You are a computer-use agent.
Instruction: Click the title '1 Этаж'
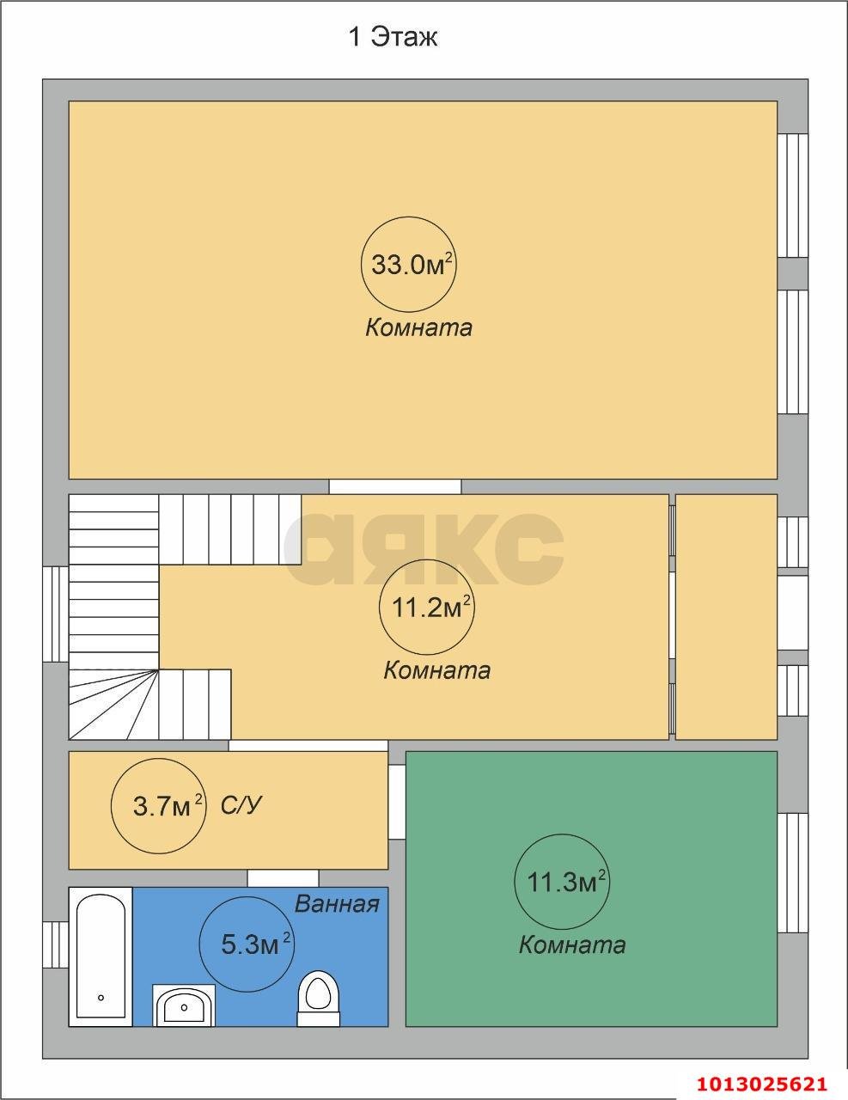click(x=393, y=38)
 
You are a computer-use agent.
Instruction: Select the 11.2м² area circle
click(x=426, y=608)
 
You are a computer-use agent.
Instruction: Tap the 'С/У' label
click(x=241, y=804)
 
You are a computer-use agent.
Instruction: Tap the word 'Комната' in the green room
click(x=572, y=945)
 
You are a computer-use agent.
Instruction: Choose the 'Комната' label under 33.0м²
click(x=419, y=327)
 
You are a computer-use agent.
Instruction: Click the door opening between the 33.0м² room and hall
click(x=395, y=486)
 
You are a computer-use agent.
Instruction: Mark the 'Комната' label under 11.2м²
click(x=437, y=670)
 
